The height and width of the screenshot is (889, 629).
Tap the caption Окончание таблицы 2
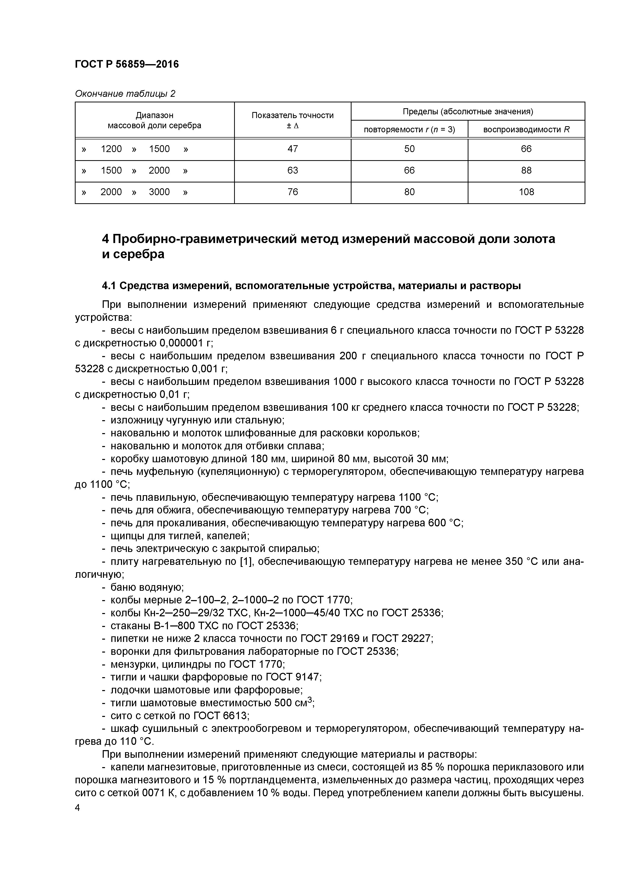pyautogui.click(x=125, y=94)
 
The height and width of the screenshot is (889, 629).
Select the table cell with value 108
pyautogui.click(x=526, y=192)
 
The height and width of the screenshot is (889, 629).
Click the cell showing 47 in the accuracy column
pyautogui.click(x=293, y=149)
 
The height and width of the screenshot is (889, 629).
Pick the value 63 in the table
pyautogui.click(x=293, y=170)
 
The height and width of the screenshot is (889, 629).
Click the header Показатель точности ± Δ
pyautogui.click(x=293, y=120)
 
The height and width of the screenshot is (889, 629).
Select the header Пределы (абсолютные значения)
pyautogui.click(x=468, y=112)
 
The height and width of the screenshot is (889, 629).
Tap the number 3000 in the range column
pyautogui.click(x=159, y=192)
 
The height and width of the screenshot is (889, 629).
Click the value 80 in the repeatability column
pyautogui.click(x=409, y=192)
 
